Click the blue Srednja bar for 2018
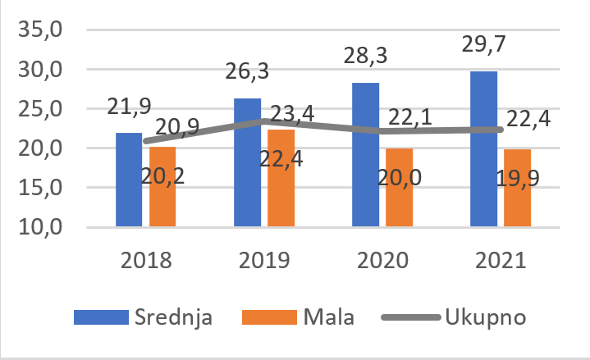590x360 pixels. click(x=129, y=179)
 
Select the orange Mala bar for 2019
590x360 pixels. click(x=281, y=177)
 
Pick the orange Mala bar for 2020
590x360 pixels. click(x=399, y=187)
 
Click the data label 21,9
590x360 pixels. click(x=129, y=106)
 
